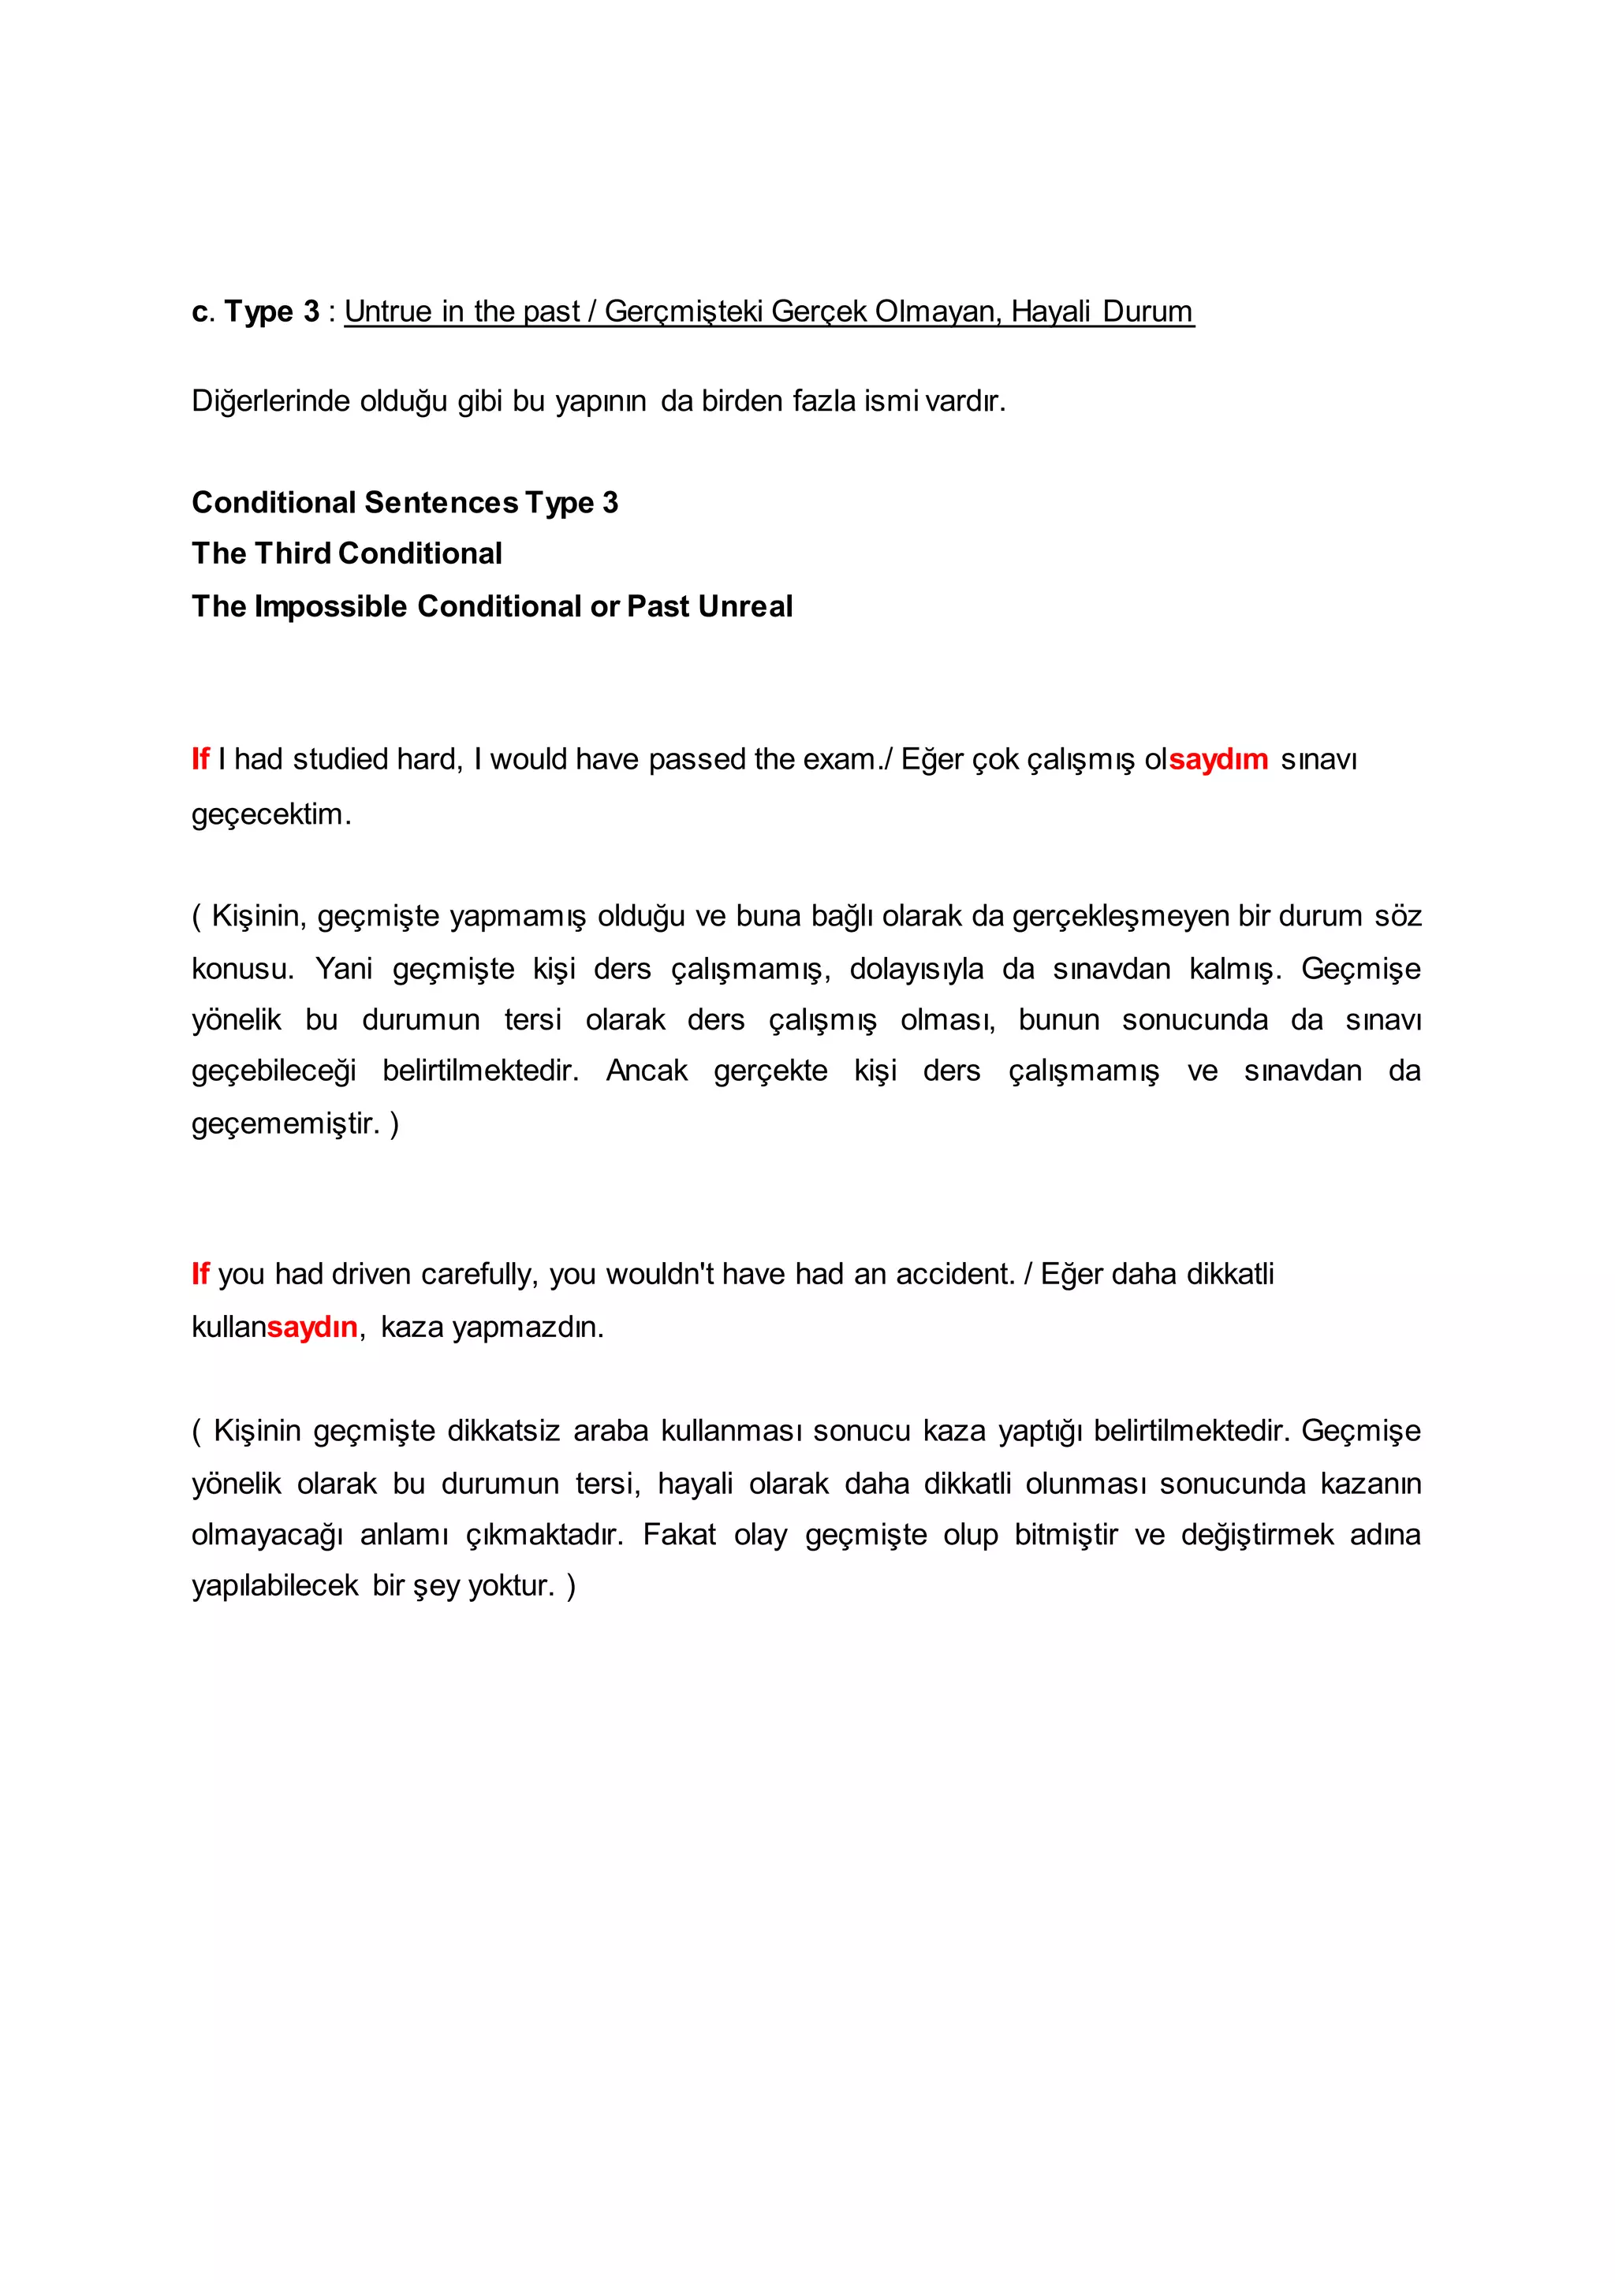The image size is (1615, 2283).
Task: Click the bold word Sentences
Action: (441, 503)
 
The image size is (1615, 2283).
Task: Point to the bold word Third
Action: (293, 554)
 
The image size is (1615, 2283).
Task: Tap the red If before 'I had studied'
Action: (200, 760)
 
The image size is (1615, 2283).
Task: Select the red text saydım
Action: (1218, 760)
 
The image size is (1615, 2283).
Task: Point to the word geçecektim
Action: (270, 814)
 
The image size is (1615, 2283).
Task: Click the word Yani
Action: (344, 969)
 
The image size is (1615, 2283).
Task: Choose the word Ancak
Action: (647, 1071)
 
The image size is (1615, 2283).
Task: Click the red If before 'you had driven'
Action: (200, 1275)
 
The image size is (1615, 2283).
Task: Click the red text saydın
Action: (311, 1328)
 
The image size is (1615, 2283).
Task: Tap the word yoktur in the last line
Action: (510, 1586)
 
